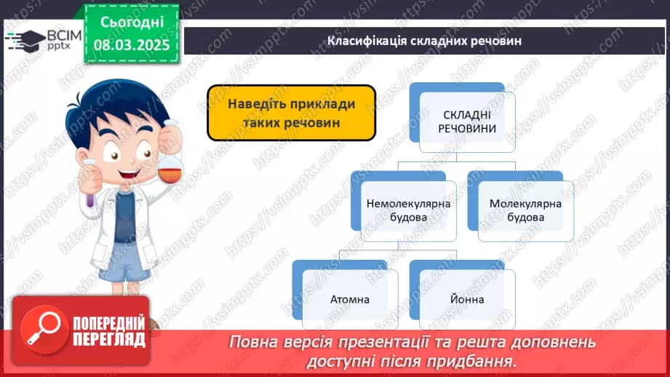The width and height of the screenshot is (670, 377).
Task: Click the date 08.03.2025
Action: pyautogui.click(x=132, y=45)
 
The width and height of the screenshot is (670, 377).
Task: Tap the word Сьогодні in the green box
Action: pyautogui.click(x=132, y=23)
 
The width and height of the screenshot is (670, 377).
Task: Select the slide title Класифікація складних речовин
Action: pyautogui.click(x=424, y=41)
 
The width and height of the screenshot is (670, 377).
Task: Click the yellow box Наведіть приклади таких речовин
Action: pyautogui.click(x=292, y=113)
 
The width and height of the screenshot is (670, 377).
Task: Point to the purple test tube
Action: pyautogui.click(x=90, y=188)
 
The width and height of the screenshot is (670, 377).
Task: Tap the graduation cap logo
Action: pyautogui.click(x=25, y=41)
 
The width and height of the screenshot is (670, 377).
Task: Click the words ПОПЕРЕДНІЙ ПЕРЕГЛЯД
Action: pyautogui.click(x=109, y=331)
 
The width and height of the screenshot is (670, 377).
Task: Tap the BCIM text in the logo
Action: pyautogui.click(x=64, y=35)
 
